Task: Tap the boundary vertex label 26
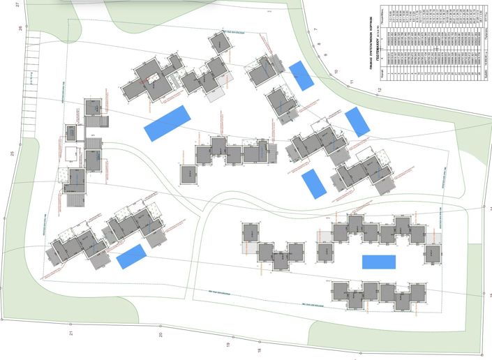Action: point(21,29)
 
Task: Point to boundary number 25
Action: point(12,153)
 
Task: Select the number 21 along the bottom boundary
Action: point(71,333)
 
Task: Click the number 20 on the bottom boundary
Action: point(160,335)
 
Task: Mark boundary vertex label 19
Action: point(227,344)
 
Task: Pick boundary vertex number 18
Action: point(258,350)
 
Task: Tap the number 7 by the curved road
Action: point(315,29)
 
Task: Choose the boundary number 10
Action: point(335,72)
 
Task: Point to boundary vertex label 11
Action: point(353,82)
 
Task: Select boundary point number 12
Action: point(380,90)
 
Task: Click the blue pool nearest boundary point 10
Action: point(301,75)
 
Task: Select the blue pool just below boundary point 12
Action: point(357,121)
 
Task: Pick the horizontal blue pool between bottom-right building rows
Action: point(379,262)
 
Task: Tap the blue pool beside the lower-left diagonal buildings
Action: point(131,257)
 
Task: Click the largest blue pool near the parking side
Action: point(167,123)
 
